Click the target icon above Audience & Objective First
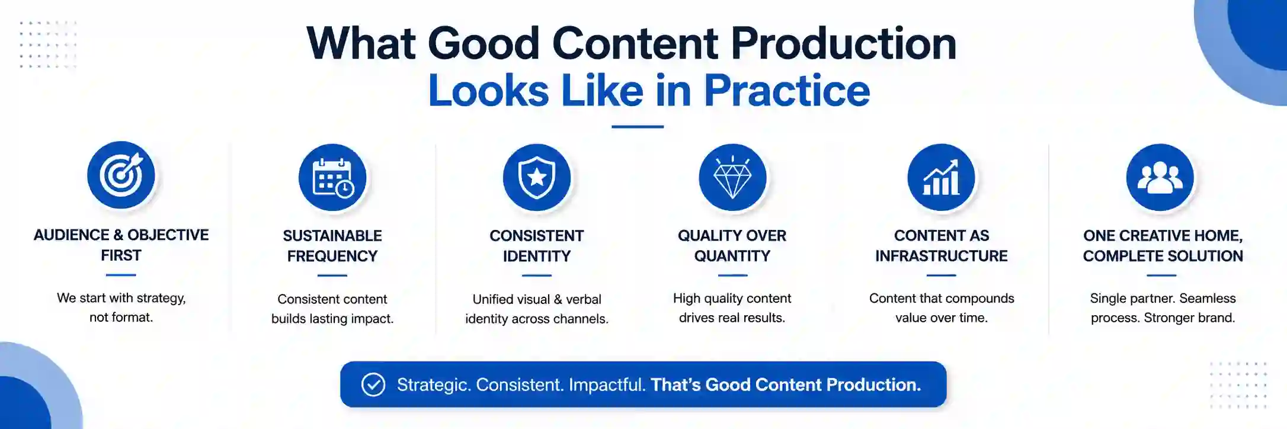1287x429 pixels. [x=121, y=175]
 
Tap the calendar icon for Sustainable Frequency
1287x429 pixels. [x=332, y=177]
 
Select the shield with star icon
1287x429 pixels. [x=537, y=177]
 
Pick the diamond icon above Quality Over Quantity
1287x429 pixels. [x=732, y=177]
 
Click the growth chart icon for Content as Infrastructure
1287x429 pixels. [x=941, y=177]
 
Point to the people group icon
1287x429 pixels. [x=1160, y=177]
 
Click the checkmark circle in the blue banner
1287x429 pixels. [x=373, y=385]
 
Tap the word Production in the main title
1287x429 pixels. [x=843, y=44]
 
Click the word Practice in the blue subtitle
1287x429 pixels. [x=787, y=91]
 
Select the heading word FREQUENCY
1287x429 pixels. [x=332, y=256]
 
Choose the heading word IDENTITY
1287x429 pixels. [x=537, y=256]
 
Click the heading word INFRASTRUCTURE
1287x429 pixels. [x=942, y=256]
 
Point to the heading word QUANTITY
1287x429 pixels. [x=732, y=256]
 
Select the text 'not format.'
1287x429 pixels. [x=121, y=318]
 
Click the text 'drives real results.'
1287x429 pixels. [x=732, y=318]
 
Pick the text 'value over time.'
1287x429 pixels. [x=942, y=318]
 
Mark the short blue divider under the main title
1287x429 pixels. [x=638, y=127]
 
